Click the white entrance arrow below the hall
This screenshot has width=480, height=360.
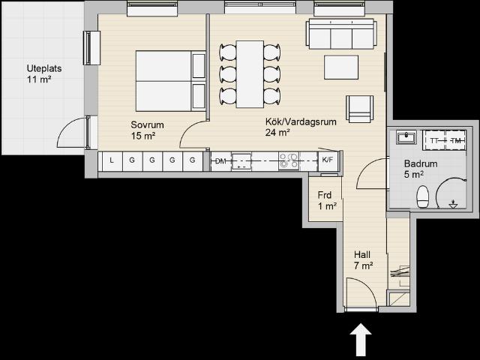(361, 340)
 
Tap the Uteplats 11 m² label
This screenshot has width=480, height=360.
(44, 73)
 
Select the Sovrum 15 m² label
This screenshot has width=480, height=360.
(147, 130)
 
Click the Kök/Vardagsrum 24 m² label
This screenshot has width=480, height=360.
(301, 127)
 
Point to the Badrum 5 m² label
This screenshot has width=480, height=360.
(421, 169)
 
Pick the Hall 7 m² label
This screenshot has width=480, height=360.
(363, 260)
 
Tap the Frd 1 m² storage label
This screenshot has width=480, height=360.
(327, 200)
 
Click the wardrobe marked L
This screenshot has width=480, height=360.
(112, 161)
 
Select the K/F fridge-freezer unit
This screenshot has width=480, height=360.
(328, 160)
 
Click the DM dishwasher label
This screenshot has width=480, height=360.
(220, 161)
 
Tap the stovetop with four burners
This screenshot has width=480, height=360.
(288, 160)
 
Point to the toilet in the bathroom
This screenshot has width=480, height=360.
(423, 196)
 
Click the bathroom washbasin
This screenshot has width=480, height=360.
(406, 136)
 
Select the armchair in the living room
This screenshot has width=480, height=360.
(360, 109)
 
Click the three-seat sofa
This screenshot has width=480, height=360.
(341, 34)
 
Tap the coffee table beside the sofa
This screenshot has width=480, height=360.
(341, 67)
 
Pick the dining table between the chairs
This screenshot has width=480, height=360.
(250, 74)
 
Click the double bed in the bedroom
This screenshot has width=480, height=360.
(170, 81)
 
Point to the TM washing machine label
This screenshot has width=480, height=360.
(456, 140)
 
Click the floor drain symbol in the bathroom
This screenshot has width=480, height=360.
(453, 204)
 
